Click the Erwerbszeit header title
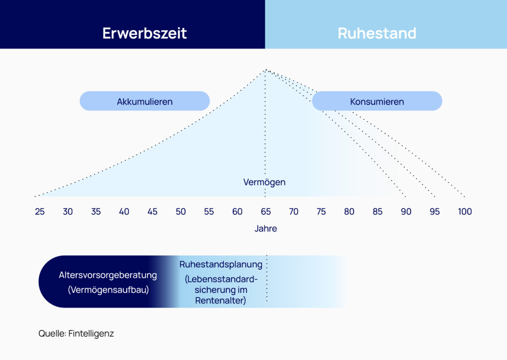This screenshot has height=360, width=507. click(145, 33)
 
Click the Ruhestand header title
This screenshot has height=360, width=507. click(377, 33)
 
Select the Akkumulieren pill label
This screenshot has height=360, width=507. click(145, 102)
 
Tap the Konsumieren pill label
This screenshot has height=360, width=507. click(377, 102)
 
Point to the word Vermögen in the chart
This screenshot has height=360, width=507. click(264, 182)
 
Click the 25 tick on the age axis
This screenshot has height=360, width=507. click(40, 211)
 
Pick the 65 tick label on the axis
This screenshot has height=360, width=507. click(266, 211)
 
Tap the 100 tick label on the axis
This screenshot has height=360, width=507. click(464, 211)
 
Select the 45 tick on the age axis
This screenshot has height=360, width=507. click(152, 211)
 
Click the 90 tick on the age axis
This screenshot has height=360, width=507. click(406, 211)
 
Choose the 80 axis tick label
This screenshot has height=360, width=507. click(349, 211)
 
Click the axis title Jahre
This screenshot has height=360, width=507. click(266, 229)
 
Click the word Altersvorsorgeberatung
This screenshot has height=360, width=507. click(107, 275)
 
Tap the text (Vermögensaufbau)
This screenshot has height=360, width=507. click(108, 290)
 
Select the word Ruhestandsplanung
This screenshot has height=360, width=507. click(221, 264)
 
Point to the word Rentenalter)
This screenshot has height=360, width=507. click(220, 301)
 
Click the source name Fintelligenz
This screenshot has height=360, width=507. click(91, 333)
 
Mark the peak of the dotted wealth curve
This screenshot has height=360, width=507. click(265, 69)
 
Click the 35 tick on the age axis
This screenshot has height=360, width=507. click(96, 211)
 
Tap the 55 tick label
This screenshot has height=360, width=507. click(209, 211)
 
